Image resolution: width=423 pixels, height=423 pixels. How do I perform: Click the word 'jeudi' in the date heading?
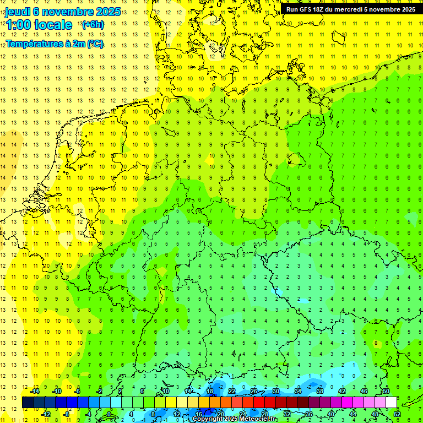18,11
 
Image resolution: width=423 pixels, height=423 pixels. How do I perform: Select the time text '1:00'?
18,25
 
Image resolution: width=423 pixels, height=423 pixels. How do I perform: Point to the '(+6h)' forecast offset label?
92,25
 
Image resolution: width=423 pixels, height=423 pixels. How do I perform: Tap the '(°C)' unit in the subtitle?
95,44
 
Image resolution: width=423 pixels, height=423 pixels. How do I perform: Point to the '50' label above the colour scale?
386,391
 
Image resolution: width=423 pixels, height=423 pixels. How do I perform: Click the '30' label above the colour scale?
276,391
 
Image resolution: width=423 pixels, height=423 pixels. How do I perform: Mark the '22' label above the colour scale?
232,391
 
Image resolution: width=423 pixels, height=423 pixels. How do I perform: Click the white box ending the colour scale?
392,403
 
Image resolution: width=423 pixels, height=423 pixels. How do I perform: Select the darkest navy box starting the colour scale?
28,403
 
